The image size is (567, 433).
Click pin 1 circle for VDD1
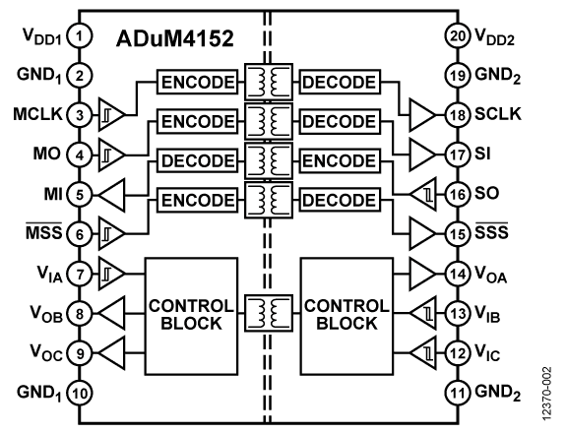point(80,36)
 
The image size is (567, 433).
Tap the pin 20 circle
point(458,36)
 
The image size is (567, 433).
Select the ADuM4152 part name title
point(174,38)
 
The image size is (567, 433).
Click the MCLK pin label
point(37,114)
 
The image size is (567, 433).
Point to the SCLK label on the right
point(498,114)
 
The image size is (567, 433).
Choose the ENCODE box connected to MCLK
point(198,82)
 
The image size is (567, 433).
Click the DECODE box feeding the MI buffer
point(198,160)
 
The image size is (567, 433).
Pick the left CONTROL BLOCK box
point(191,316)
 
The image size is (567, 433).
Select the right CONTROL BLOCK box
point(346,316)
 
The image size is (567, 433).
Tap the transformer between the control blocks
point(269,313)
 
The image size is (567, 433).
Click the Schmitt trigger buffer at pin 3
point(112,115)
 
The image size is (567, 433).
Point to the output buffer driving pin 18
point(422,115)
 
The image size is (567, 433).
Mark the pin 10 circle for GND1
point(80,393)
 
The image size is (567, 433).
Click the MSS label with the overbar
point(43,231)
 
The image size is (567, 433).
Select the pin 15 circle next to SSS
point(458,234)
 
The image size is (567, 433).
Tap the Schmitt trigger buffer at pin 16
point(422,195)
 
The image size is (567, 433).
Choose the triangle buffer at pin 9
point(112,353)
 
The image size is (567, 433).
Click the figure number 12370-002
point(547,394)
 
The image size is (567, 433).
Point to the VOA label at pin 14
point(490,275)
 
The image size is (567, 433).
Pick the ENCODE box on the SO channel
point(340,160)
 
